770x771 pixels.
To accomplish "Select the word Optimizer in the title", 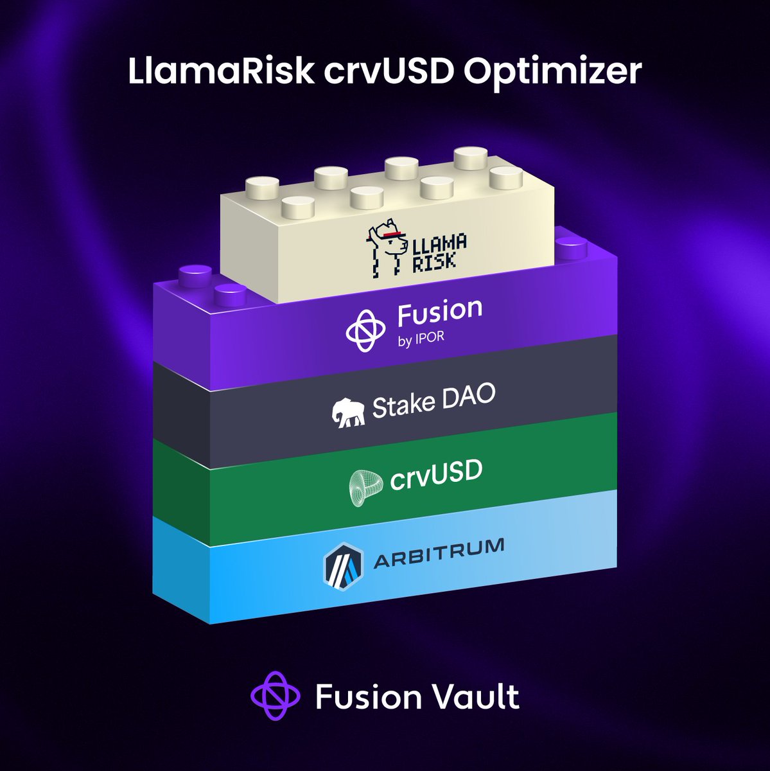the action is tap(552, 72).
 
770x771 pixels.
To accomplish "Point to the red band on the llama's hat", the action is tap(390, 234).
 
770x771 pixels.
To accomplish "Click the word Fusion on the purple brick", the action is tap(440, 312).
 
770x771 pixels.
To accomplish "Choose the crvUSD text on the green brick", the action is tap(437, 475).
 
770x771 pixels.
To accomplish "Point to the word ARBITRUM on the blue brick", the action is tap(439, 553).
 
